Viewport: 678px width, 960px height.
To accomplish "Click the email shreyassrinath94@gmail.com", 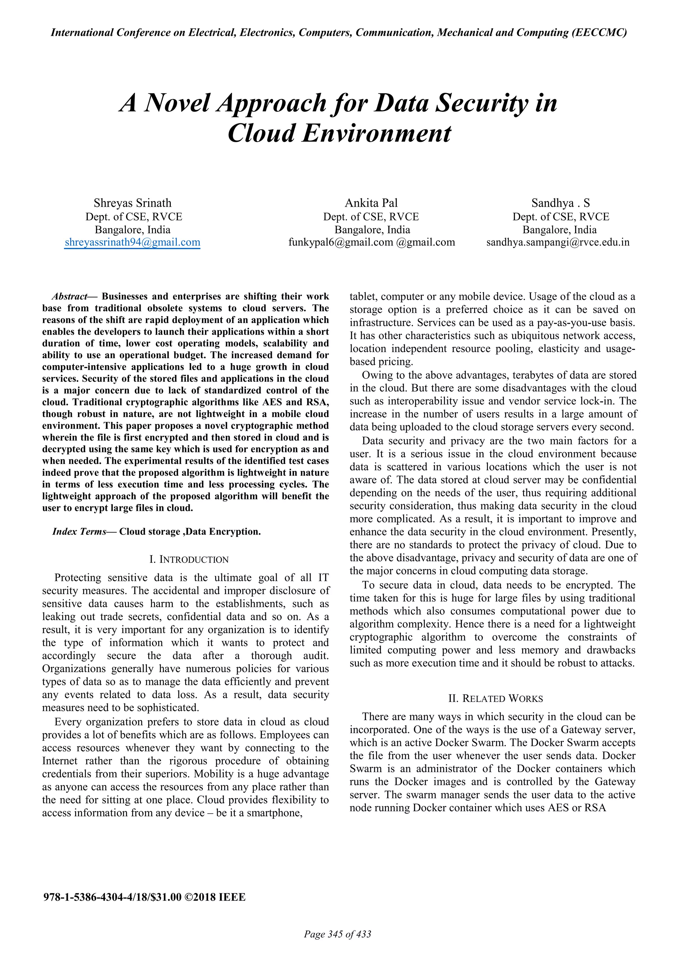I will click(132, 243).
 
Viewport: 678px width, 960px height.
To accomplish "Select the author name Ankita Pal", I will click(371, 203).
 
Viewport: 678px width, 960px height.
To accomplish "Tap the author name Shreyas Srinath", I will click(132, 203).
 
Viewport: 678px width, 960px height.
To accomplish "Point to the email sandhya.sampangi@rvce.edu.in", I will click(558, 243).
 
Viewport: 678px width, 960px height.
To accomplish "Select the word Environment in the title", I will click(376, 134).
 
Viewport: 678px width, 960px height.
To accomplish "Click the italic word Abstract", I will click(69, 297).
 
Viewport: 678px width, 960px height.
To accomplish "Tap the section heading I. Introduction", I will click(189, 560).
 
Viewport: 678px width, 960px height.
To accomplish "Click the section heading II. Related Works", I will click(496, 699).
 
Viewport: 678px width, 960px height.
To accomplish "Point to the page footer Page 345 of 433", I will click(338, 934).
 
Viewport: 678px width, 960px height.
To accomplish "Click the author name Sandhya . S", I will click(560, 203).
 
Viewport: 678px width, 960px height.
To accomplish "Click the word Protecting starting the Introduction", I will click(78, 578).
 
